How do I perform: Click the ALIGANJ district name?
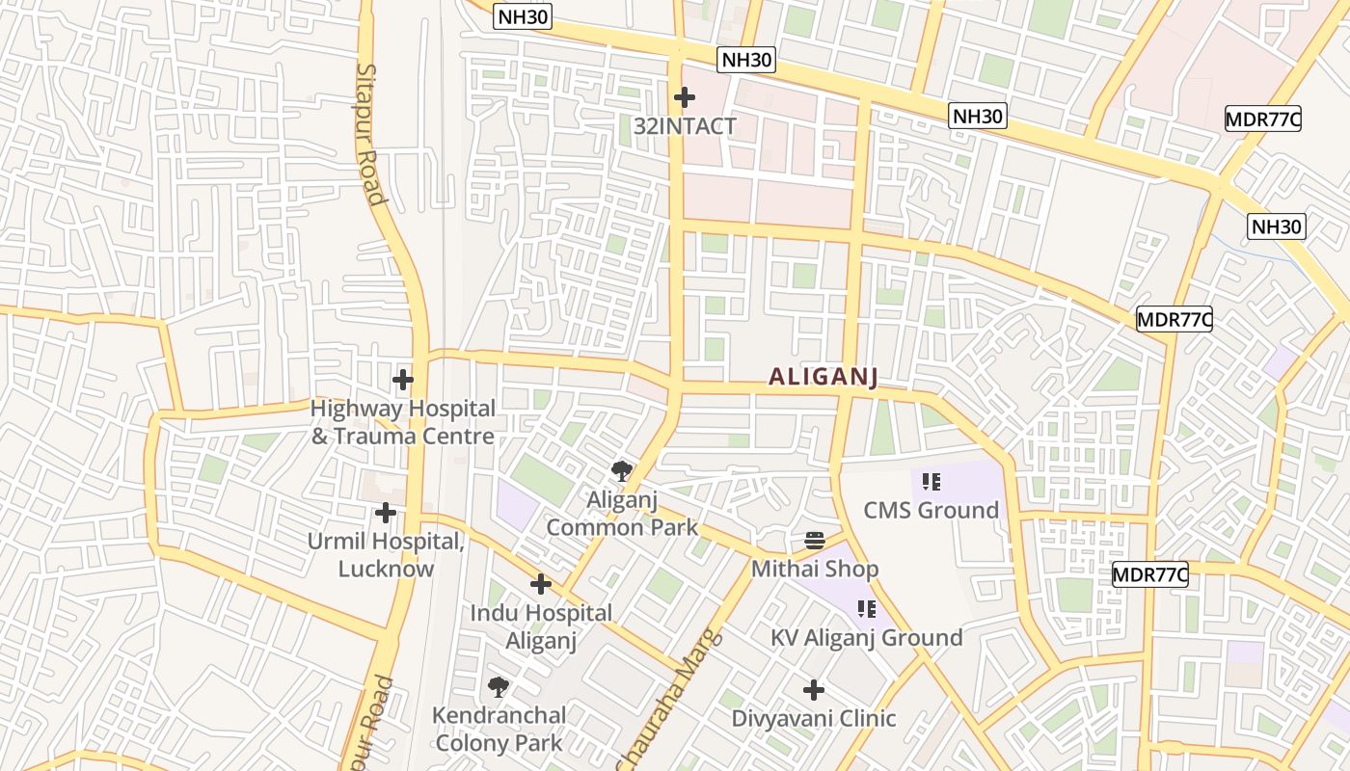[x=823, y=377]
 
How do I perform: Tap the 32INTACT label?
[x=685, y=126]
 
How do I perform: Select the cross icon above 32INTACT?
[x=685, y=97]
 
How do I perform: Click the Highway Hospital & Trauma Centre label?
[x=402, y=422]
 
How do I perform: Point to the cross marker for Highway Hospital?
[x=403, y=380]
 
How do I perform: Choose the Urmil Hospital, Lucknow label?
[x=386, y=554]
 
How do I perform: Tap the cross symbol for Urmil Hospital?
[x=386, y=513]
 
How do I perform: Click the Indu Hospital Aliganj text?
[x=541, y=626]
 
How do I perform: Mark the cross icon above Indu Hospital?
[x=541, y=584]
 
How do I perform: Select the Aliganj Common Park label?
[x=622, y=513]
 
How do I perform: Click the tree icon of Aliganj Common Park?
[x=622, y=471]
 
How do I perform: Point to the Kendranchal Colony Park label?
[x=499, y=729]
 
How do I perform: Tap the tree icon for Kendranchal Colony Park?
[x=499, y=687]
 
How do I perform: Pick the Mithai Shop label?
[x=815, y=569]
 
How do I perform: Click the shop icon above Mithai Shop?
[x=815, y=540]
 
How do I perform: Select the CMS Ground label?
[x=931, y=510]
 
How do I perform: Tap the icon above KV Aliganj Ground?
[x=866, y=609]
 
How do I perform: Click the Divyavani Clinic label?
[x=814, y=718]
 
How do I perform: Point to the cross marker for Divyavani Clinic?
[x=814, y=690]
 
